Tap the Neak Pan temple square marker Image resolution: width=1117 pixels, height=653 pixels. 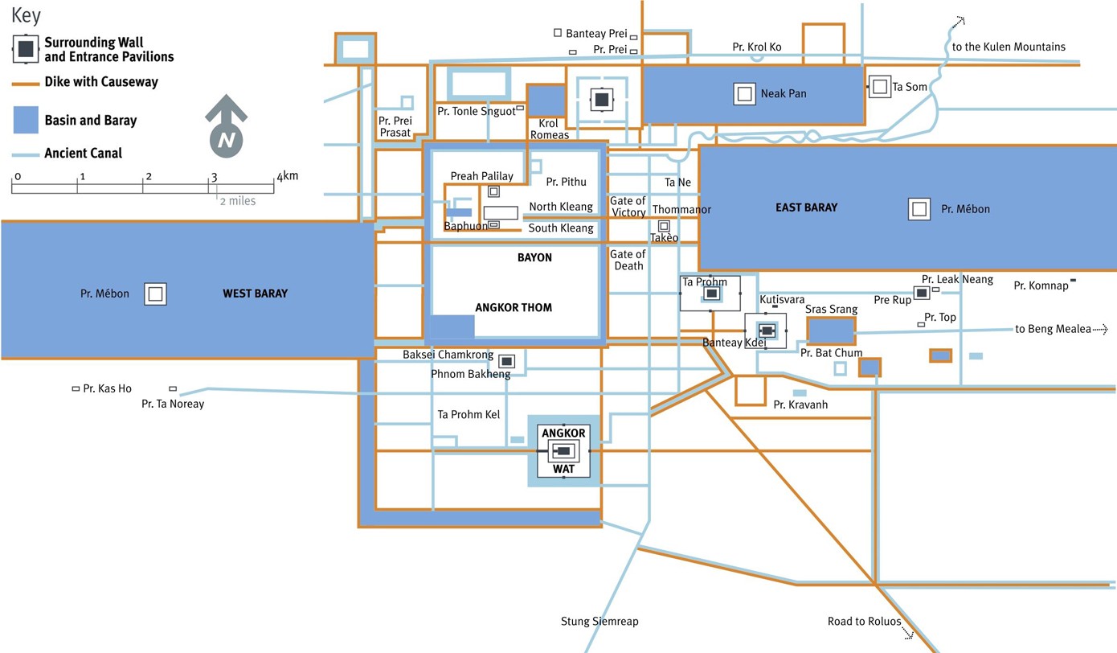(744, 94)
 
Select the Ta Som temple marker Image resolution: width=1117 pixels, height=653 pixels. (880, 86)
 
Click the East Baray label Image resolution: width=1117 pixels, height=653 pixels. (806, 207)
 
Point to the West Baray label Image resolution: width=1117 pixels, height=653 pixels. (255, 294)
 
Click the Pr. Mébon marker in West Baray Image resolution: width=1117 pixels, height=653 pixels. (156, 294)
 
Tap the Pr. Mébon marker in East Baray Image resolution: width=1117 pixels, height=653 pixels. (919, 209)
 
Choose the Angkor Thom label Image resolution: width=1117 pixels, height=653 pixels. (513, 307)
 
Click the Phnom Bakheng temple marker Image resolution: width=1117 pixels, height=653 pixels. (507, 361)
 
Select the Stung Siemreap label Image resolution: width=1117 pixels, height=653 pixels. (599, 622)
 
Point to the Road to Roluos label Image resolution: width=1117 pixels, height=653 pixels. (864, 622)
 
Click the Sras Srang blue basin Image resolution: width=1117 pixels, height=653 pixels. (829, 331)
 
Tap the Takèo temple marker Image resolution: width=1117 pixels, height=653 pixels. (664, 226)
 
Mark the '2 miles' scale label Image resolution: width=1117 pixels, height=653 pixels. (238, 200)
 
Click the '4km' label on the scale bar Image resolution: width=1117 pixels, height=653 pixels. (287, 175)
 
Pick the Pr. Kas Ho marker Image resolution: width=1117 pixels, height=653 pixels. (76, 388)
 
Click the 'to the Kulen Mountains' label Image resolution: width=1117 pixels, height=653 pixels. (1009, 47)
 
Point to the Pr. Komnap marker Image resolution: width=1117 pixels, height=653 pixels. (1074, 280)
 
